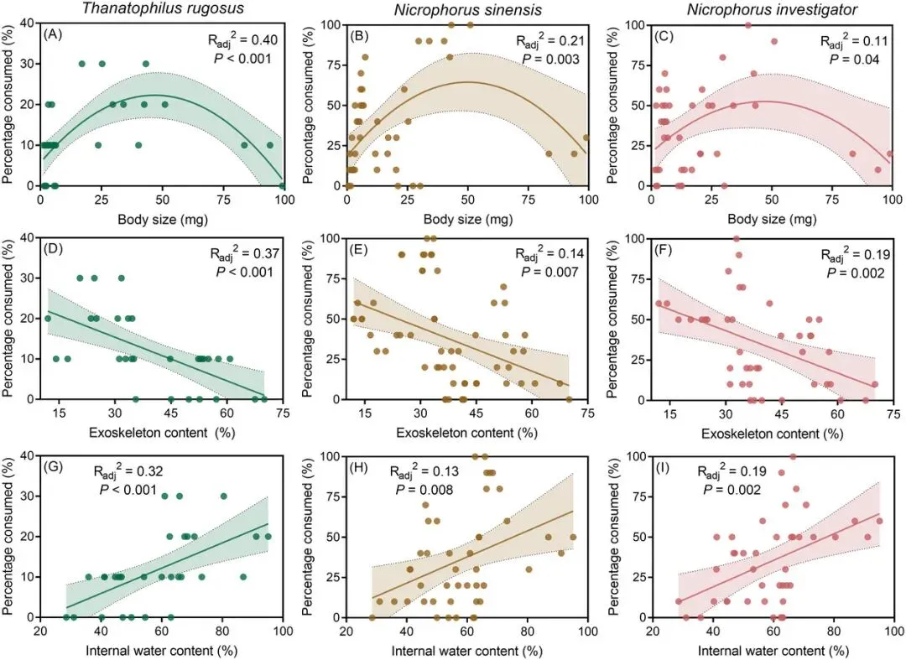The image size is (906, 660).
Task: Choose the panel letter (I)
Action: [663, 468]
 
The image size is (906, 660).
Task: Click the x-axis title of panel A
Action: [163, 221]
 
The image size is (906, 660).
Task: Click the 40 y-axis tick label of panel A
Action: [27, 25]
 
